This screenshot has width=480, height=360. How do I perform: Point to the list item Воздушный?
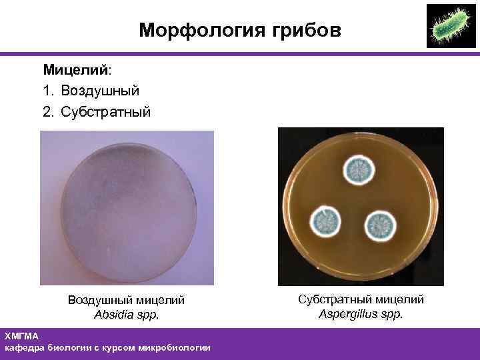click(100, 90)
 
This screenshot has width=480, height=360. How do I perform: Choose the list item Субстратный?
click(106, 111)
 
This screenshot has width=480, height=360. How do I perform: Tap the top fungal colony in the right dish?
click(359, 171)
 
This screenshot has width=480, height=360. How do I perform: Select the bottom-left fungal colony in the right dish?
click(326, 220)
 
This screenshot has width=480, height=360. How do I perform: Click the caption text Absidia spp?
click(127, 315)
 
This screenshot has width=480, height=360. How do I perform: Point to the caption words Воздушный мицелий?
click(127, 301)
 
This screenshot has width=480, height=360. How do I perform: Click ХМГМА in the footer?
click(22, 336)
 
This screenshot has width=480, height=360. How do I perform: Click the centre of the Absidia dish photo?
click(127, 208)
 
